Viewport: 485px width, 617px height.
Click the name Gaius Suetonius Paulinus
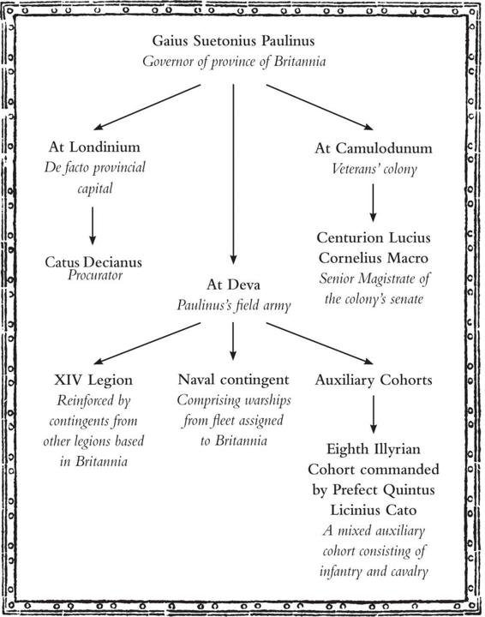233,41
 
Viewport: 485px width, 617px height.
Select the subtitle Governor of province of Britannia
234,62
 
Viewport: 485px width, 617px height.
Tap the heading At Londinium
94,147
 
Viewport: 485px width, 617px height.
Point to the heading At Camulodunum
374,148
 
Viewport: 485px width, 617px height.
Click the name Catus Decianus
93,262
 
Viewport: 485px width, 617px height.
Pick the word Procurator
95,275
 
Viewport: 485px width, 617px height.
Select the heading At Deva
233,285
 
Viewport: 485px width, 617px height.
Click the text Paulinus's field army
234,305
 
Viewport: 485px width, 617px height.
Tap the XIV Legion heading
93,380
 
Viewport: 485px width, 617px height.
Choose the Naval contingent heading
233,380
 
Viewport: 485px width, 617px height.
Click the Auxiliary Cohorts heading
374,380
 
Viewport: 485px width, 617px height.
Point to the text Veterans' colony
374,169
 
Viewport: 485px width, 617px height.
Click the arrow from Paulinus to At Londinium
147,107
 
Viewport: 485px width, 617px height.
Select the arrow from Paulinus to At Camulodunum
320,107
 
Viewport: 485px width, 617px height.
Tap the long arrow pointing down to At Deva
233,174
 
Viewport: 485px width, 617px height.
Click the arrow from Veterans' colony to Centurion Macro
373,203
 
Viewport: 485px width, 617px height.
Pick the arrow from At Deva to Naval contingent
233,341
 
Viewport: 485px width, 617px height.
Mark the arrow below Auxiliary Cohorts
374,415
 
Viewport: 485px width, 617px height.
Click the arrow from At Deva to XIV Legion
147,343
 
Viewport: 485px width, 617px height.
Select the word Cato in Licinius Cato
400,511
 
